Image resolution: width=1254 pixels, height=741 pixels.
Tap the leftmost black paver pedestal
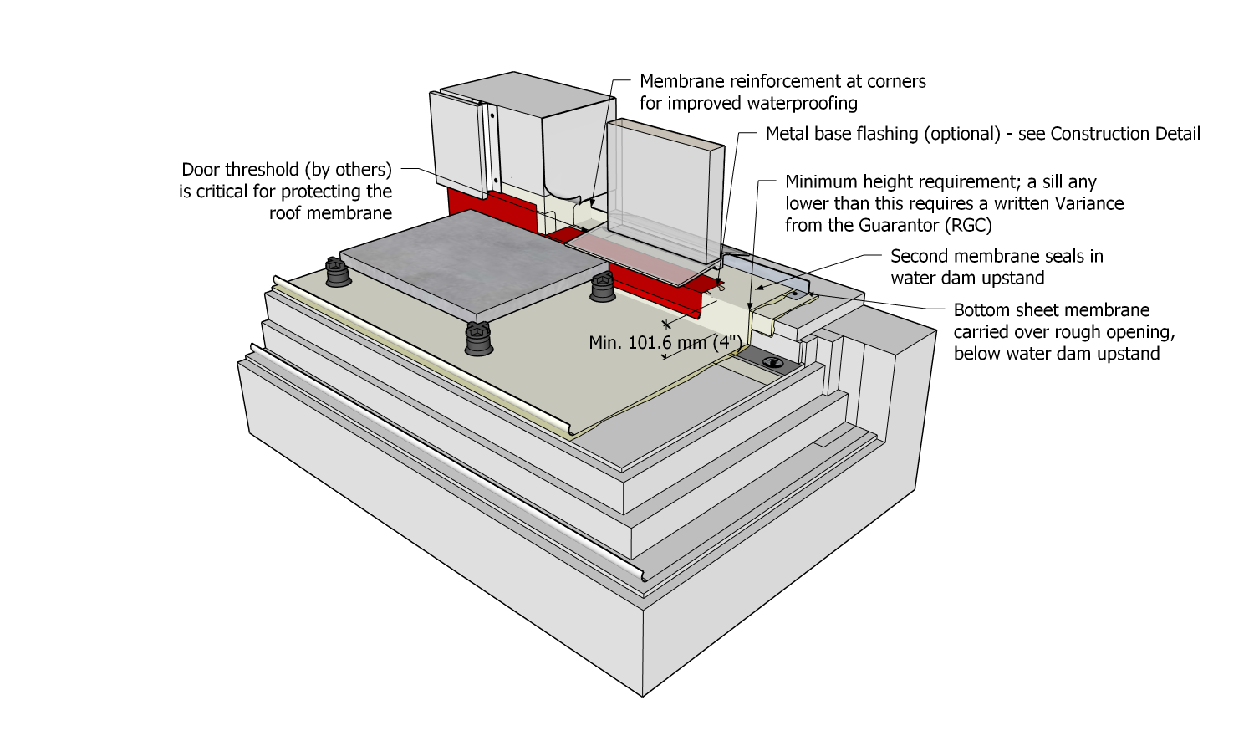336,272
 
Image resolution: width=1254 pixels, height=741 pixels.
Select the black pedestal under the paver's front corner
479,338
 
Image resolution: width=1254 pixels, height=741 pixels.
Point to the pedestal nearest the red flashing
603,287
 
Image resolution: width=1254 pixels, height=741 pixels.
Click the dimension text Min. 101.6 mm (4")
665,343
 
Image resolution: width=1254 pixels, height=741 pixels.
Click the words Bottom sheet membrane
1052,310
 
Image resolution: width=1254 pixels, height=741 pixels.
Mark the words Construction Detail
1125,134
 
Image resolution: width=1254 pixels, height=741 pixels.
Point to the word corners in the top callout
896,81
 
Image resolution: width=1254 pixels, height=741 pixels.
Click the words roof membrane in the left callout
330,213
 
